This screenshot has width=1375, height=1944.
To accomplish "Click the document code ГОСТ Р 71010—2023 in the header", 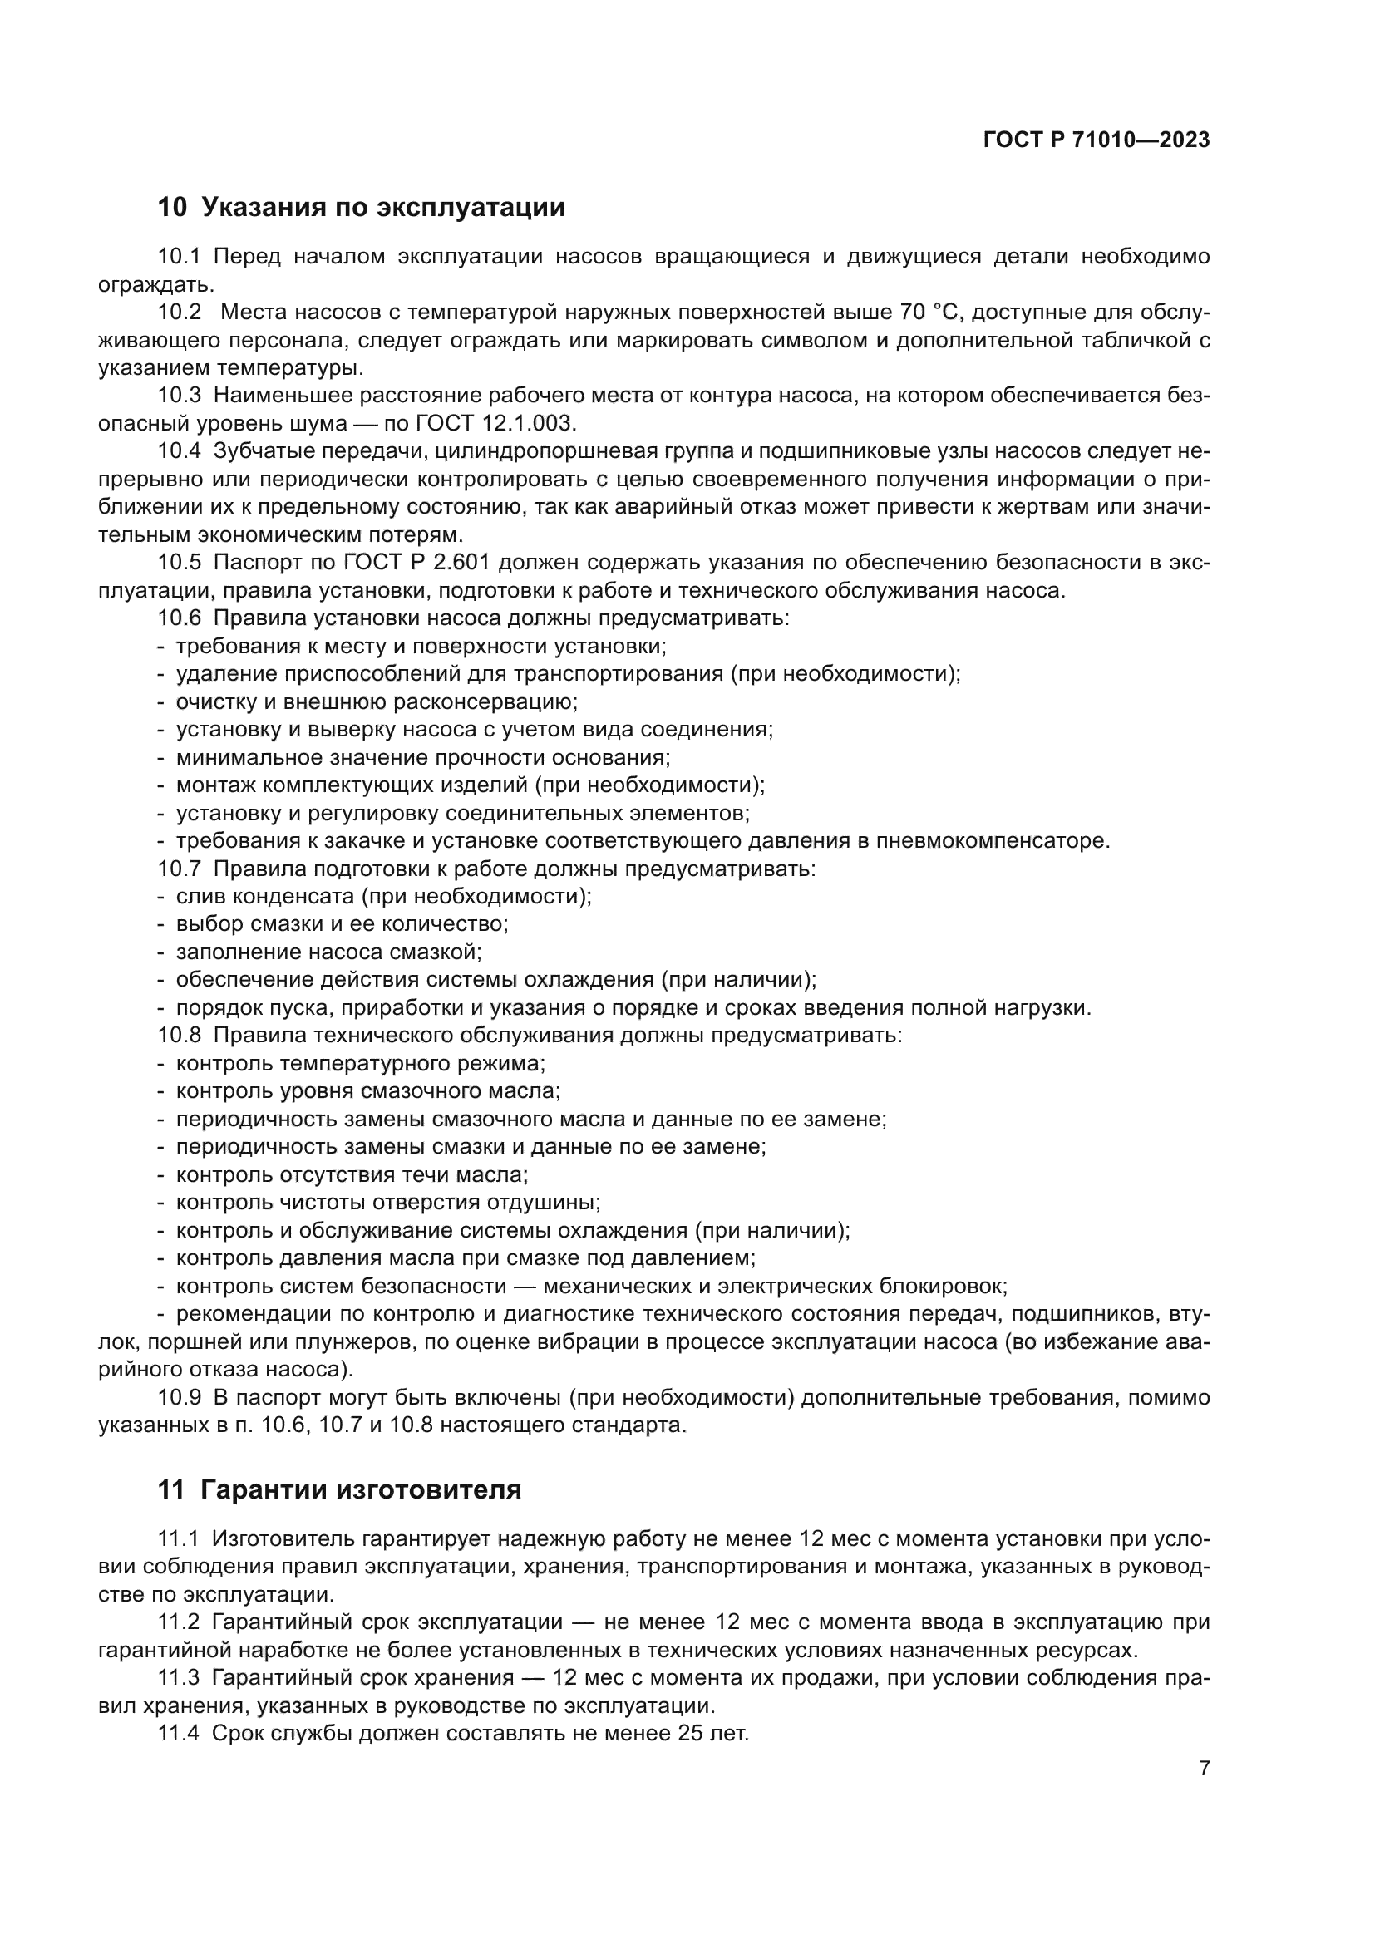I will click(1097, 140).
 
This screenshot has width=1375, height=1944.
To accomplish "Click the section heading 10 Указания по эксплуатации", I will click(362, 208).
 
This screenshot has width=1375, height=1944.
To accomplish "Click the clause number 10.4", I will click(180, 451).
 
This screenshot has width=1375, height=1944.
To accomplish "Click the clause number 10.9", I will click(180, 1398).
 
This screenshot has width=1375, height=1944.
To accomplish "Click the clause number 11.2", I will click(180, 1622).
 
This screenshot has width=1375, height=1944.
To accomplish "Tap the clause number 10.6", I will click(180, 618).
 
